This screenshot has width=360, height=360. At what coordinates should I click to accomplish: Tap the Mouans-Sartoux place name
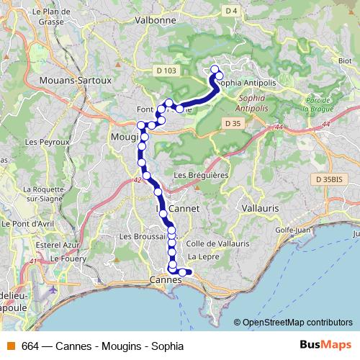(x=76, y=81)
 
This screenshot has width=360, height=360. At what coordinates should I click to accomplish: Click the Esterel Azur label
(x=53, y=244)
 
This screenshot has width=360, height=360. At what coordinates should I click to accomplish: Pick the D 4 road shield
(x=230, y=11)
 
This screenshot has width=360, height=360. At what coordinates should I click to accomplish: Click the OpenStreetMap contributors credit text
(x=297, y=323)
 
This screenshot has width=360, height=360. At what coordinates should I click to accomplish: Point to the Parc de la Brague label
(x=316, y=104)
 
